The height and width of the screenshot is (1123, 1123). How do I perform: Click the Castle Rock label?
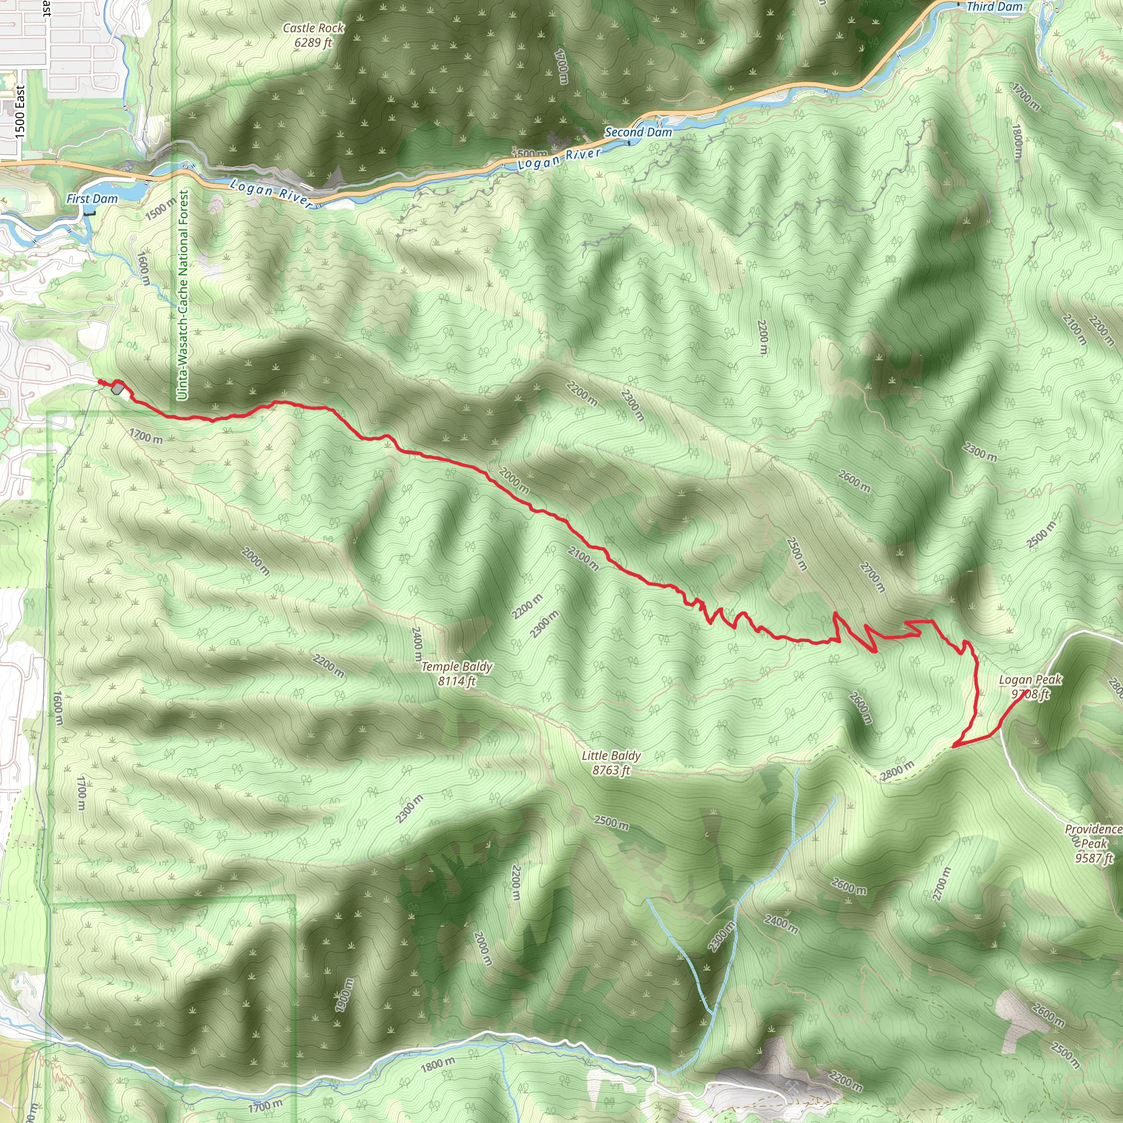313,28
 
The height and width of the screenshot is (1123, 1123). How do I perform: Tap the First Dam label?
92,199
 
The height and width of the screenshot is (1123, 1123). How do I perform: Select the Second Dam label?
638,133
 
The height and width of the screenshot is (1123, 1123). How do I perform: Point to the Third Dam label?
994,7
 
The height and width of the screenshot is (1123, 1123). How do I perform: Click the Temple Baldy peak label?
457,667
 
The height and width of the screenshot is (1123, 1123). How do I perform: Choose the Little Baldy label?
611,756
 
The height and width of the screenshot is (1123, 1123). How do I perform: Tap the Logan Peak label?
1030,679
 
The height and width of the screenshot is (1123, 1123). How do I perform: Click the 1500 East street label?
20,113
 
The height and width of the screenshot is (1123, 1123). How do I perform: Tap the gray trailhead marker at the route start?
118,388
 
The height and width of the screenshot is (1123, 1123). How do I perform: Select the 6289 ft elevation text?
313,42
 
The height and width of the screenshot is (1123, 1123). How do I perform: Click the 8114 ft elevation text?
457,680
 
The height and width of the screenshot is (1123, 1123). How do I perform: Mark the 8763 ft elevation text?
611,770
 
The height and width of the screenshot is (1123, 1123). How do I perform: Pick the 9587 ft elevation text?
1093,858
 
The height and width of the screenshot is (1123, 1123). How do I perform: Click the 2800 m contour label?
898,770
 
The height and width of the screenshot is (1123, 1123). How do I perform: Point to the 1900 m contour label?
344,995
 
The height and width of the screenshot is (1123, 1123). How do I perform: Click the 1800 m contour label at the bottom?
437,1063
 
